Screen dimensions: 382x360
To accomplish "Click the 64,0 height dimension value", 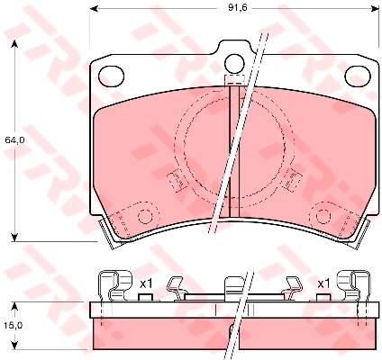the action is pos(14,140).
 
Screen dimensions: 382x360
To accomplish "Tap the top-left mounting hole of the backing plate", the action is pos(111,76).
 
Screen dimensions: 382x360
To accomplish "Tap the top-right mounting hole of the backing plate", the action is pos(358,76).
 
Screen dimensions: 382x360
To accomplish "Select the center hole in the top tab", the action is pos(234,63).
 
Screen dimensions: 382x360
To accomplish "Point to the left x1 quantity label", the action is pos(146,283).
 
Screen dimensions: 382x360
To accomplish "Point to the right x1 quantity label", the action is pos(323,283).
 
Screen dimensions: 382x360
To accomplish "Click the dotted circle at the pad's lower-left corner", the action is pos(145,216).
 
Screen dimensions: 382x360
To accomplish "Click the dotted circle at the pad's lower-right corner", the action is pos(323,216).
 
